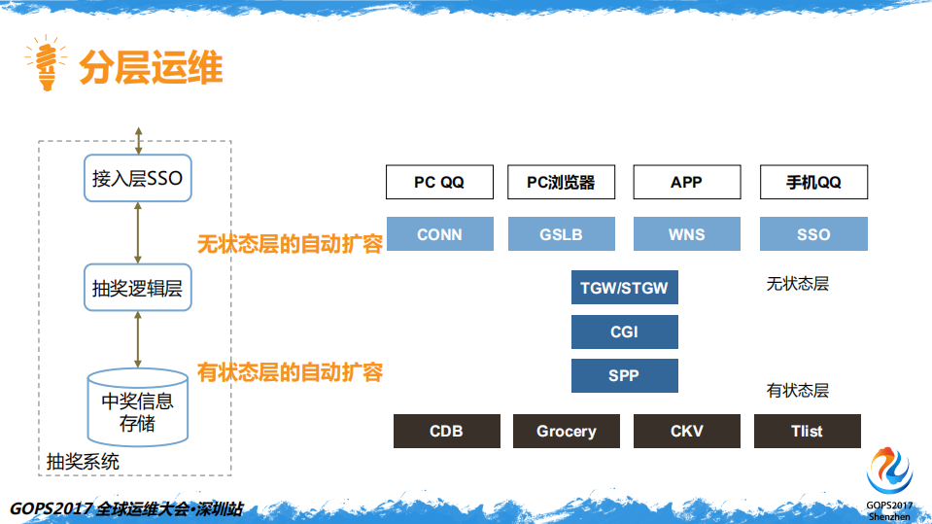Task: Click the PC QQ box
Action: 439,182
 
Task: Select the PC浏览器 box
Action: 561,182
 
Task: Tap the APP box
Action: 686,182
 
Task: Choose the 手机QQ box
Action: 813,182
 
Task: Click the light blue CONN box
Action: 439,234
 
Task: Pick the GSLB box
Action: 561,234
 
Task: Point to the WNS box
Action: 686,234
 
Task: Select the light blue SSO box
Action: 813,234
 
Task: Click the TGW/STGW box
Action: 624,288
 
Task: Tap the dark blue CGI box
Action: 624,332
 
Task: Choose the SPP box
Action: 624,375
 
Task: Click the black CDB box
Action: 446,431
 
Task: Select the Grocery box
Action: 567,431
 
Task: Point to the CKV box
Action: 686,431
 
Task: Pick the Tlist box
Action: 807,431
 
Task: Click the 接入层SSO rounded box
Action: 137,179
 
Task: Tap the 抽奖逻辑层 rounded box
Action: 137,289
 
